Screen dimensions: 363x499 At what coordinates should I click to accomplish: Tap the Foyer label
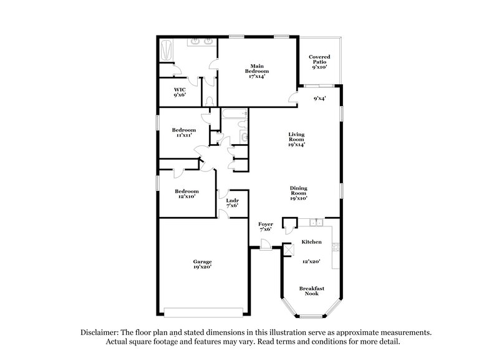click(x=266, y=227)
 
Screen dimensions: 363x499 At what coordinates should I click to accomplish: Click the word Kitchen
click(x=311, y=241)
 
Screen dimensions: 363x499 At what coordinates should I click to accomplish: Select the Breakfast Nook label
click(x=311, y=291)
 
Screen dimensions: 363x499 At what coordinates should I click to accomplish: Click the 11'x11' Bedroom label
click(x=184, y=132)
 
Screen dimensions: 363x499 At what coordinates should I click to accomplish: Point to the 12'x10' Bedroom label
click(x=187, y=194)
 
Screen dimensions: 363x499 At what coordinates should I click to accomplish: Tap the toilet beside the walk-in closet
click(x=210, y=100)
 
